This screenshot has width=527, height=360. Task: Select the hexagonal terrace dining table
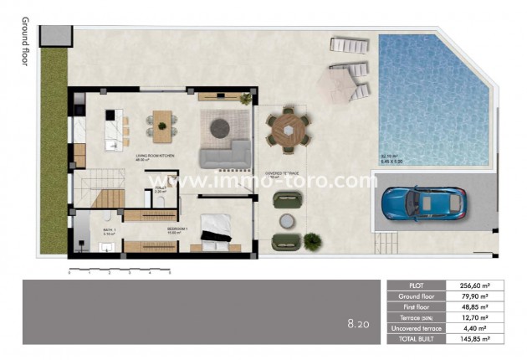288,131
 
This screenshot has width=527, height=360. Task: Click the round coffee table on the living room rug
220,127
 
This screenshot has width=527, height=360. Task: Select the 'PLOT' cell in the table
417,285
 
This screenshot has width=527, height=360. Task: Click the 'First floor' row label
417,307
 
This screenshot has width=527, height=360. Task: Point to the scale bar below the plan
119,270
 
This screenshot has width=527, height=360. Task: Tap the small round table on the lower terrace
287,221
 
